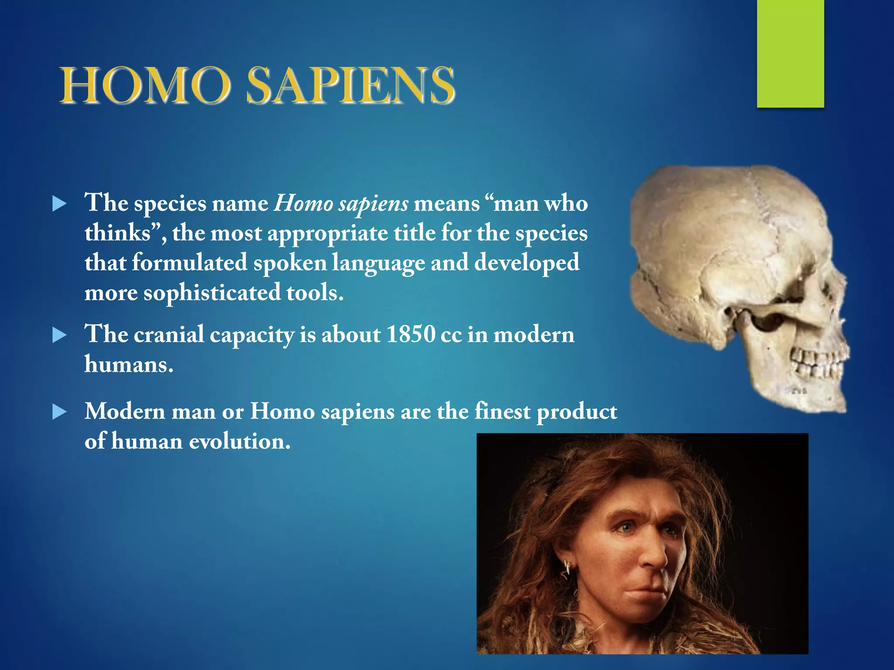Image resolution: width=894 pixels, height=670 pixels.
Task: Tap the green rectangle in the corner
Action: (790, 53)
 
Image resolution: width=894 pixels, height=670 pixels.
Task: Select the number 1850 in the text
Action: (411, 335)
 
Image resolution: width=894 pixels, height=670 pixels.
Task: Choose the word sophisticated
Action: (212, 293)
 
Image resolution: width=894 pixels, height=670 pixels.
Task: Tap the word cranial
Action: (169, 335)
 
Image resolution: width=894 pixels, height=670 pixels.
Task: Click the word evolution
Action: (239, 441)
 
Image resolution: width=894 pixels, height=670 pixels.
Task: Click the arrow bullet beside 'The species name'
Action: (59, 204)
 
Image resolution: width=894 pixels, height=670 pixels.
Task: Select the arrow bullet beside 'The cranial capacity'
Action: (59, 335)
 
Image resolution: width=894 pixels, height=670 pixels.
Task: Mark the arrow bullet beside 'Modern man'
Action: (59, 412)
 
